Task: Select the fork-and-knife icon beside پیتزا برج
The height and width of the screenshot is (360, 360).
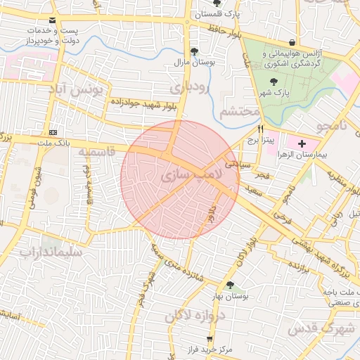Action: click(261, 129)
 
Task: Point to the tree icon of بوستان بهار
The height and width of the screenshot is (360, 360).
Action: click(230, 284)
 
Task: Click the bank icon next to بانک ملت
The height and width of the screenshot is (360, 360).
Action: click(53, 132)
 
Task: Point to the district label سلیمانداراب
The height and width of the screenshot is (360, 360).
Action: click(50, 251)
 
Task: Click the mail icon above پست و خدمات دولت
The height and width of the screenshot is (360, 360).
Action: click(55, 21)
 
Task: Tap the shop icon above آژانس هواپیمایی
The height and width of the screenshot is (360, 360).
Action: click(292, 42)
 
